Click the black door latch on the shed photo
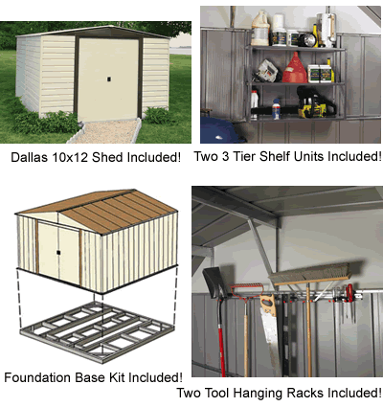click(x=109, y=79)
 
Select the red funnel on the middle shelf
click(x=295, y=68)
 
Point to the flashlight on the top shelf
click(x=307, y=39)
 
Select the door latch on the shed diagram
click(x=58, y=253)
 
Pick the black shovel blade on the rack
click(x=214, y=283)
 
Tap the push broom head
click(x=310, y=274)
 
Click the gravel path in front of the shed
click(x=107, y=131)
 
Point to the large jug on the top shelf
click(x=260, y=29)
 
